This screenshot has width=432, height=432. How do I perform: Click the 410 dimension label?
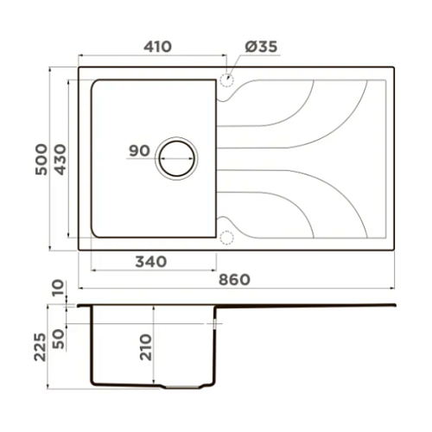pos(157,47)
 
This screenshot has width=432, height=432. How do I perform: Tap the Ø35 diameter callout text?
pos(261,47)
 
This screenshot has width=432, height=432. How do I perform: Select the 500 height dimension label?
pos(41,159)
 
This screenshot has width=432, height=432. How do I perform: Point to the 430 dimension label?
pos(60,159)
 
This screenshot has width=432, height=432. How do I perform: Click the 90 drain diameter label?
pos(139,150)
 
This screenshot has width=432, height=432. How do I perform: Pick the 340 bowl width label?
pos(151,262)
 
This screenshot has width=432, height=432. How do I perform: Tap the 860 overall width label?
pos(234,280)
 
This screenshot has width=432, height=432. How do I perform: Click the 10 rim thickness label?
pos(58,288)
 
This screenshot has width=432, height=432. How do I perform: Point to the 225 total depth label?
pos(40,347)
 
